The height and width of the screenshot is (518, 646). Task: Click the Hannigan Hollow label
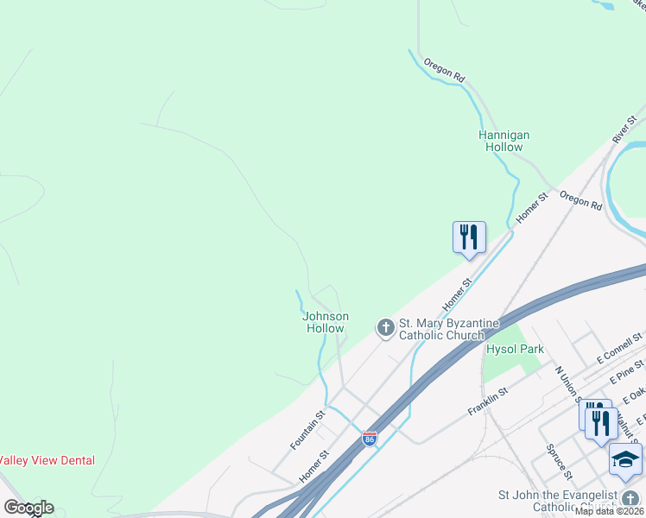pyautogui.click(x=503, y=141)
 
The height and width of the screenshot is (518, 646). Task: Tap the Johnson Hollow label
pyautogui.click(x=325, y=322)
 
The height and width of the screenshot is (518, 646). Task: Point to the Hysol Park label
pyautogui.click(x=515, y=349)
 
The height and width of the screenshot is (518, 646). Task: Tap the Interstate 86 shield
pyautogui.click(x=370, y=439)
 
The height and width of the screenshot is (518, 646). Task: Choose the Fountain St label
pyautogui.click(x=307, y=429)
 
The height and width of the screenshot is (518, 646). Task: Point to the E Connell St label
pyautogui.click(x=620, y=347)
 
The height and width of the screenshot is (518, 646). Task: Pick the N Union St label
pyautogui.click(x=568, y=384)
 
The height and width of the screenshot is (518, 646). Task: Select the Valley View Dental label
pyautogui.click(x=47, y=461)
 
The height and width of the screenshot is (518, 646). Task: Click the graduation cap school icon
pyautogui.click(x=625, y=460)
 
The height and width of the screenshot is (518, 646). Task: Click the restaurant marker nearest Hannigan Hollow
pyautogui.click(x=469, y=237)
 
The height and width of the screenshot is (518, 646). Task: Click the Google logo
pyautogui.click(x=28, y=508)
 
